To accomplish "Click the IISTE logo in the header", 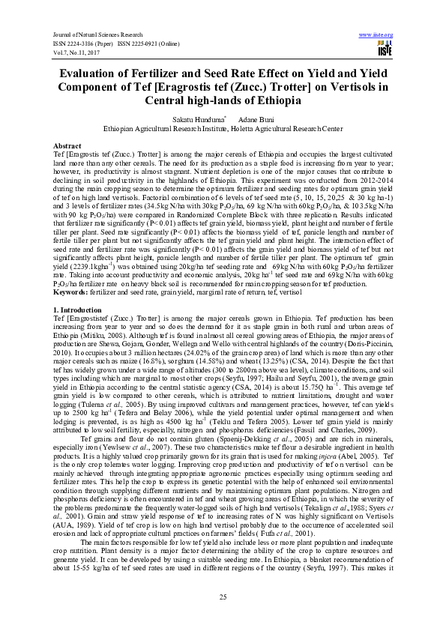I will point(385,49).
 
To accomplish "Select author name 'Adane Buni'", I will point(253,119).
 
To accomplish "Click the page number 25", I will point(223,597).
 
